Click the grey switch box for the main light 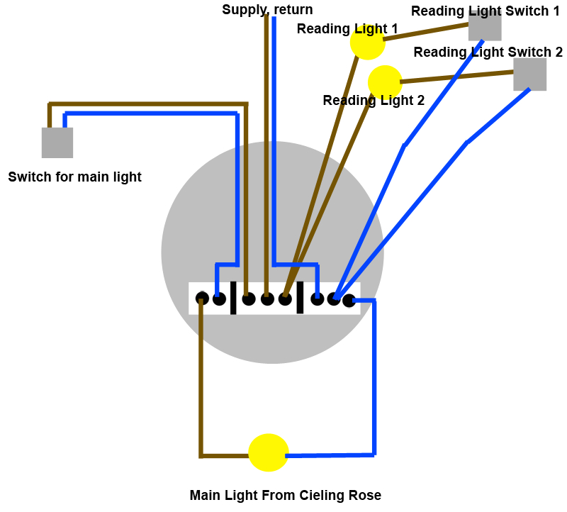click(x=57, y=143)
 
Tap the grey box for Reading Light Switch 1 click(x=485, y=26)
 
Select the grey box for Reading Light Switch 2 click(x=530, y=74)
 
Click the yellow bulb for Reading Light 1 click(x=367, y=43)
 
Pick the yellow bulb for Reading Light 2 click(x=385, y=82)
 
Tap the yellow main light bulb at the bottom click(x=269, y=452)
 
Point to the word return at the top click(x=292, y=10)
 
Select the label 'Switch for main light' click(x=74, y=177)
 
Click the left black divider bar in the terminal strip click(x=233, y=298)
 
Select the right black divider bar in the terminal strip click(x=300, y=298)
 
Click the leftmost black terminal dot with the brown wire click(x=202, y=299)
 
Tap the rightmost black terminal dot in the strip click(x=349, y=301)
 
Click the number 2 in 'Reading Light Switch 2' click(x=558, y=52)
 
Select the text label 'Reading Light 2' click(x=374, y=101)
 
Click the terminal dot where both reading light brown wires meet click(x=285, y=299)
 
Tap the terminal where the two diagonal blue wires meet click(x=333, y=299)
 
